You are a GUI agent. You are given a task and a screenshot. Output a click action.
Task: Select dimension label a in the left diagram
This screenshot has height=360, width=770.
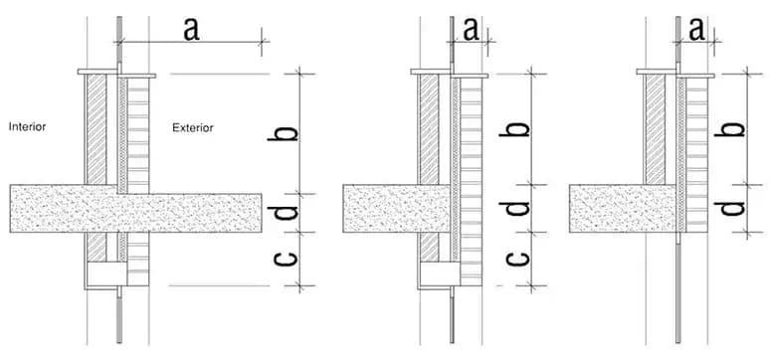pos(191,29)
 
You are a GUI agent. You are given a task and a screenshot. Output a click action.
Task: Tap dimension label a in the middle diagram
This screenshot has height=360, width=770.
pos(470,30)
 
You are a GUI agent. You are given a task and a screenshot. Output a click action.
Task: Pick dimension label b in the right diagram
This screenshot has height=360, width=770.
pos(731,129)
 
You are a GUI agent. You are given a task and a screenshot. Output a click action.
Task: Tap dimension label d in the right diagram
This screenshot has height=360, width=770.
pos(731,208)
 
